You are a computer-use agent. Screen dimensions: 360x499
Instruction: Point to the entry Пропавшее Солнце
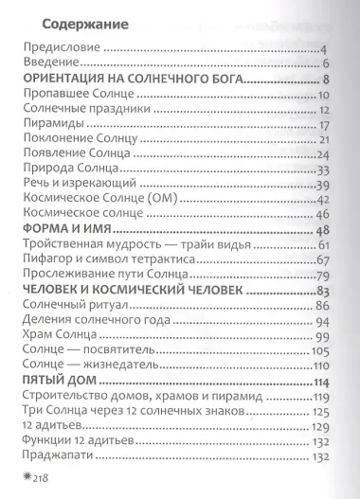77,96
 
